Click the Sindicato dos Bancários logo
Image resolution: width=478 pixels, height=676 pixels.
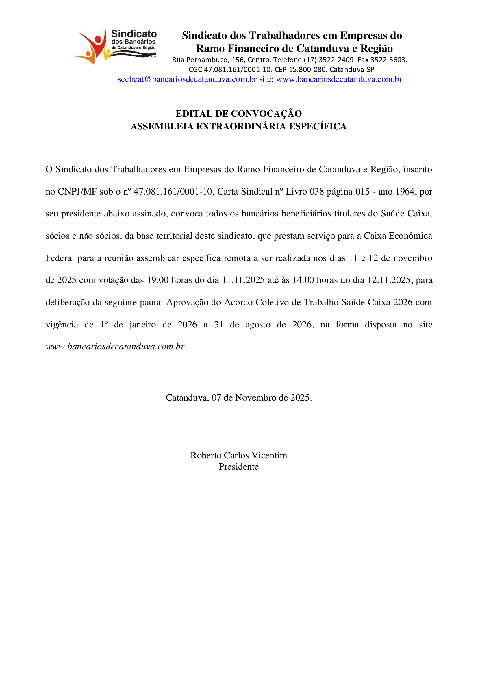(x=115, y=46)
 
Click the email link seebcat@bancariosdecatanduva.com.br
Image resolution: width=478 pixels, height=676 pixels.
(x=187, y=79)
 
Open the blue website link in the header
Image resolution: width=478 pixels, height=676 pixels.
(x=339, y=79)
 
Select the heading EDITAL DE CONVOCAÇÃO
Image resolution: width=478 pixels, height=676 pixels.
(x=239, y=114)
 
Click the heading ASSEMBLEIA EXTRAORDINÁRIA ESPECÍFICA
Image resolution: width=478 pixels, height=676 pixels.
(x=239, y=126)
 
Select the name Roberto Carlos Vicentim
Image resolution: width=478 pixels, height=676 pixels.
(x=239, y=455)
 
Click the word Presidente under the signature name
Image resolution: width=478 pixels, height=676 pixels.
(x=239, y=467)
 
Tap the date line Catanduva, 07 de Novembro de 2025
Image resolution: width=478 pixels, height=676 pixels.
(x=239, y=397)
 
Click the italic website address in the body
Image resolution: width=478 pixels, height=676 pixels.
(x=115, y=347)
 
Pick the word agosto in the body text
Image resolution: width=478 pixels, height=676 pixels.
(x=258, y=325)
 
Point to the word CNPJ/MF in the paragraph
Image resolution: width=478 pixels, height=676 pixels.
(x=77, y=192)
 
